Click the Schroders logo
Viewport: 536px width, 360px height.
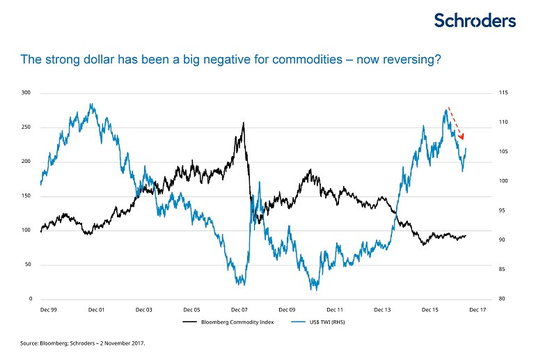click(475, 20)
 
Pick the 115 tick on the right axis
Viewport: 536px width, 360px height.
click(503, 93)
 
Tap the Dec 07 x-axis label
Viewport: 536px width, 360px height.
click(240, 309)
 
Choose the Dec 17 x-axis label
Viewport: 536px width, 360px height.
click(478, 309)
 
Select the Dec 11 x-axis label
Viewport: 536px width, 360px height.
click(335, 309)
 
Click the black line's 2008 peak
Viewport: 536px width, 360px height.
click(243, 123)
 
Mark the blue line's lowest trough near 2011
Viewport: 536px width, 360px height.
click(313, 288)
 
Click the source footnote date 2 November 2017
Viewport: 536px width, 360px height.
click(122, 343)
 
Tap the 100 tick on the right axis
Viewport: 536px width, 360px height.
click(503, 181)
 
